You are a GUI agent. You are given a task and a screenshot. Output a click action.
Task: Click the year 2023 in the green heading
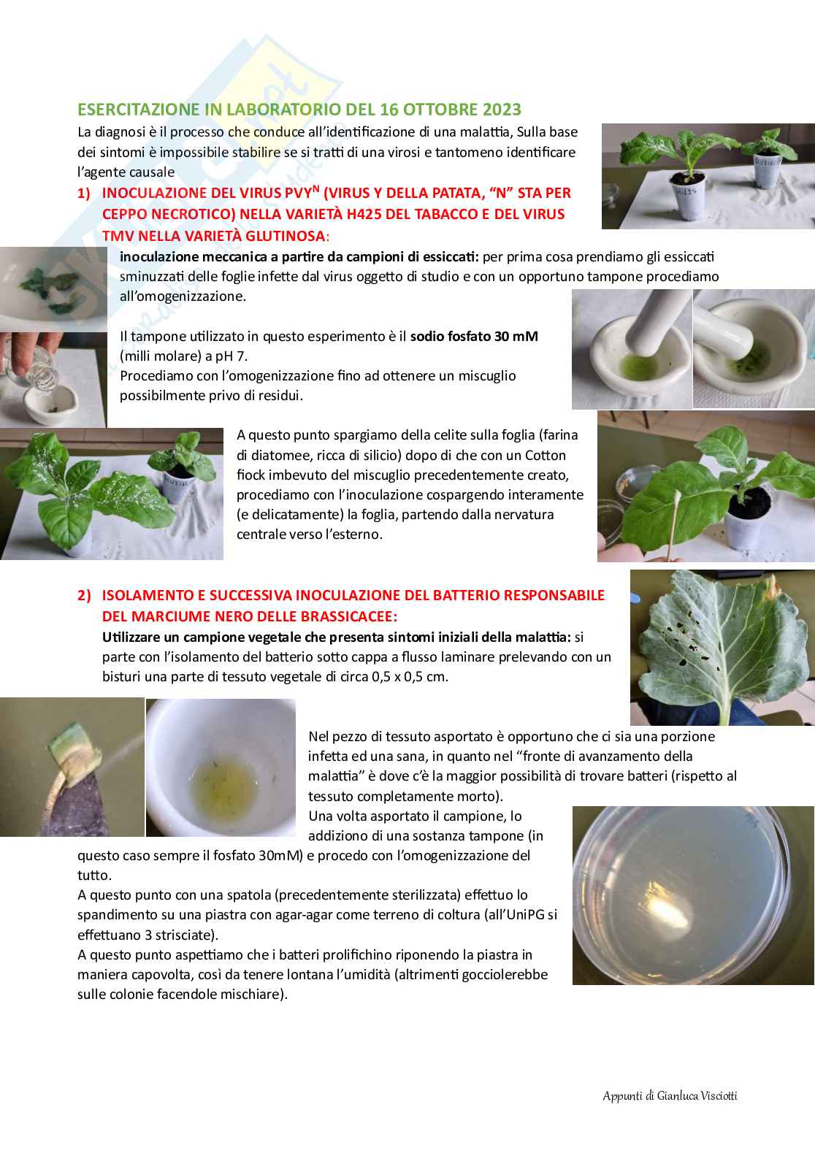(x=502, y=109)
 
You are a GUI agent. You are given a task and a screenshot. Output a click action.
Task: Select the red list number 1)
(x=83, y=193)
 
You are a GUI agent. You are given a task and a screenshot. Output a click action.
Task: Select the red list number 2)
(x=84, y=596)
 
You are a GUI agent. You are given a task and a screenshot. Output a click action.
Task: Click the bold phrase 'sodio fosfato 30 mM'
(x=474, y=337)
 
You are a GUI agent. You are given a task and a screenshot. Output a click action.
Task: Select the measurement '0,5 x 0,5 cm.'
(x=410, y=676)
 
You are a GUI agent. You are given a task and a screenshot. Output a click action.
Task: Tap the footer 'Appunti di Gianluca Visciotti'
(x=670, y=1096)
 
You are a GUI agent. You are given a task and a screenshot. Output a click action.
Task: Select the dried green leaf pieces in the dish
(x=51, y=291)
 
